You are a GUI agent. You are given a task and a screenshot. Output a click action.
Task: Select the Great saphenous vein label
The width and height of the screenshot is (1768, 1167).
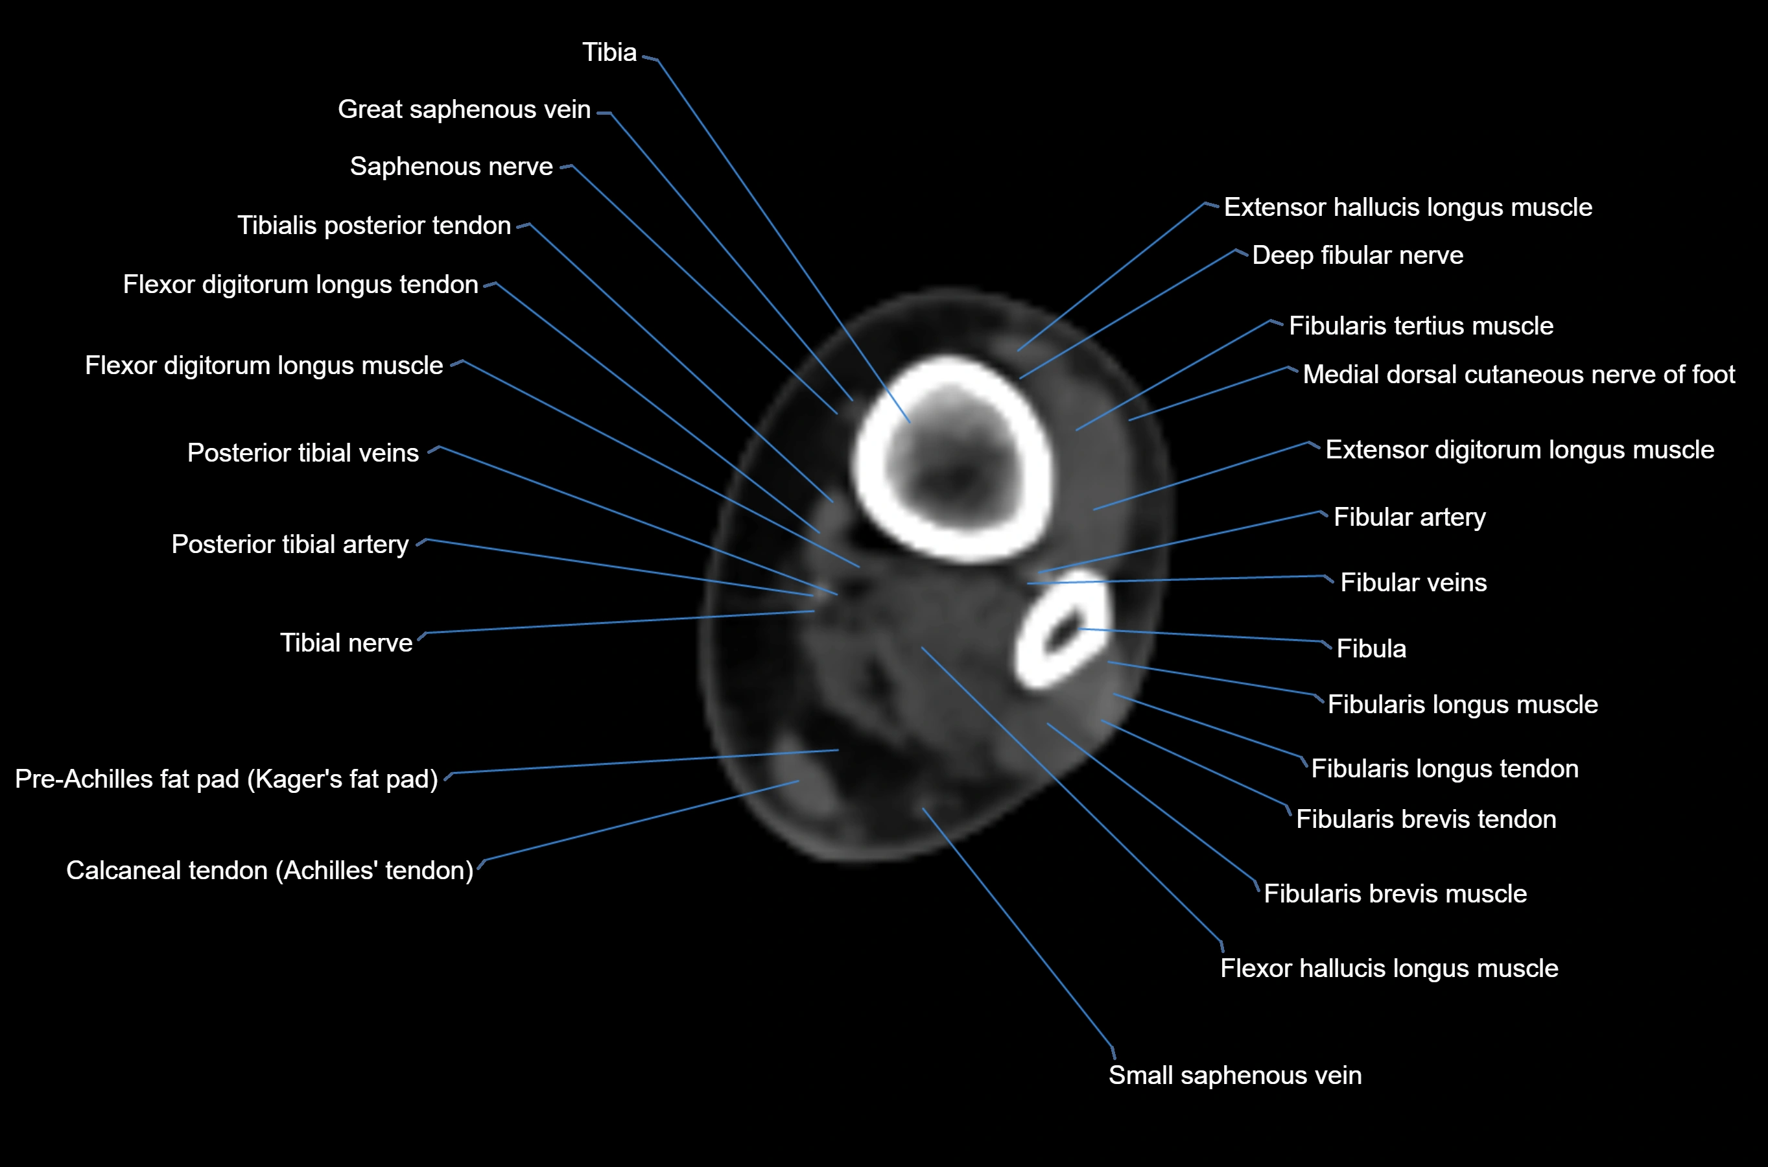464,110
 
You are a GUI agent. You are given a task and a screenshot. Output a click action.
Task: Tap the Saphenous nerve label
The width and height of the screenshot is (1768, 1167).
451,167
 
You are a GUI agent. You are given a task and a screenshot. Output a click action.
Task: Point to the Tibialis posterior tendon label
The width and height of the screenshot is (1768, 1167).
373,226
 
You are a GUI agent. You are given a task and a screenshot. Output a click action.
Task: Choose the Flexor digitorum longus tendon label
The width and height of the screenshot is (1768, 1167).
300,285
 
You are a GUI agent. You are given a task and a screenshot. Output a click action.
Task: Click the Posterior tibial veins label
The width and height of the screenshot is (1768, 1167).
302,453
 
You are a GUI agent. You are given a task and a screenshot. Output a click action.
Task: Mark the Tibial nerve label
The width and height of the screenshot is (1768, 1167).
346,643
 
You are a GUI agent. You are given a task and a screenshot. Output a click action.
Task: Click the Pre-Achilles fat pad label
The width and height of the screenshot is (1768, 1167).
226,779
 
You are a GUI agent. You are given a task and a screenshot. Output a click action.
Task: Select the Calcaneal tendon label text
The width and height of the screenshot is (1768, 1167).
269,871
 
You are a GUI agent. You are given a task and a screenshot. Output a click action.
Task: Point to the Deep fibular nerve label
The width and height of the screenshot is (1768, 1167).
1357,255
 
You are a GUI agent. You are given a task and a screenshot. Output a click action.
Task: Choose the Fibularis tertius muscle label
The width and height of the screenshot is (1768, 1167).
1420,326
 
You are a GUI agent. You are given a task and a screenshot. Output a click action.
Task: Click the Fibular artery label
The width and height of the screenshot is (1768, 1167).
1409,517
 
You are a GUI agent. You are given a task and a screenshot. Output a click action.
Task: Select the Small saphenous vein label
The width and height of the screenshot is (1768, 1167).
1234,1076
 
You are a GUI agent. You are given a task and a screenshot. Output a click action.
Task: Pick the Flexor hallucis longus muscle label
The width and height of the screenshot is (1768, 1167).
1389,968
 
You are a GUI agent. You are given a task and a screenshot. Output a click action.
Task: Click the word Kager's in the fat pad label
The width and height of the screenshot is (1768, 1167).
287,779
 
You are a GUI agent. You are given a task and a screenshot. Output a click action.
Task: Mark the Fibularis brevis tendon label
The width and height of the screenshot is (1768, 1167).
1425,819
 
